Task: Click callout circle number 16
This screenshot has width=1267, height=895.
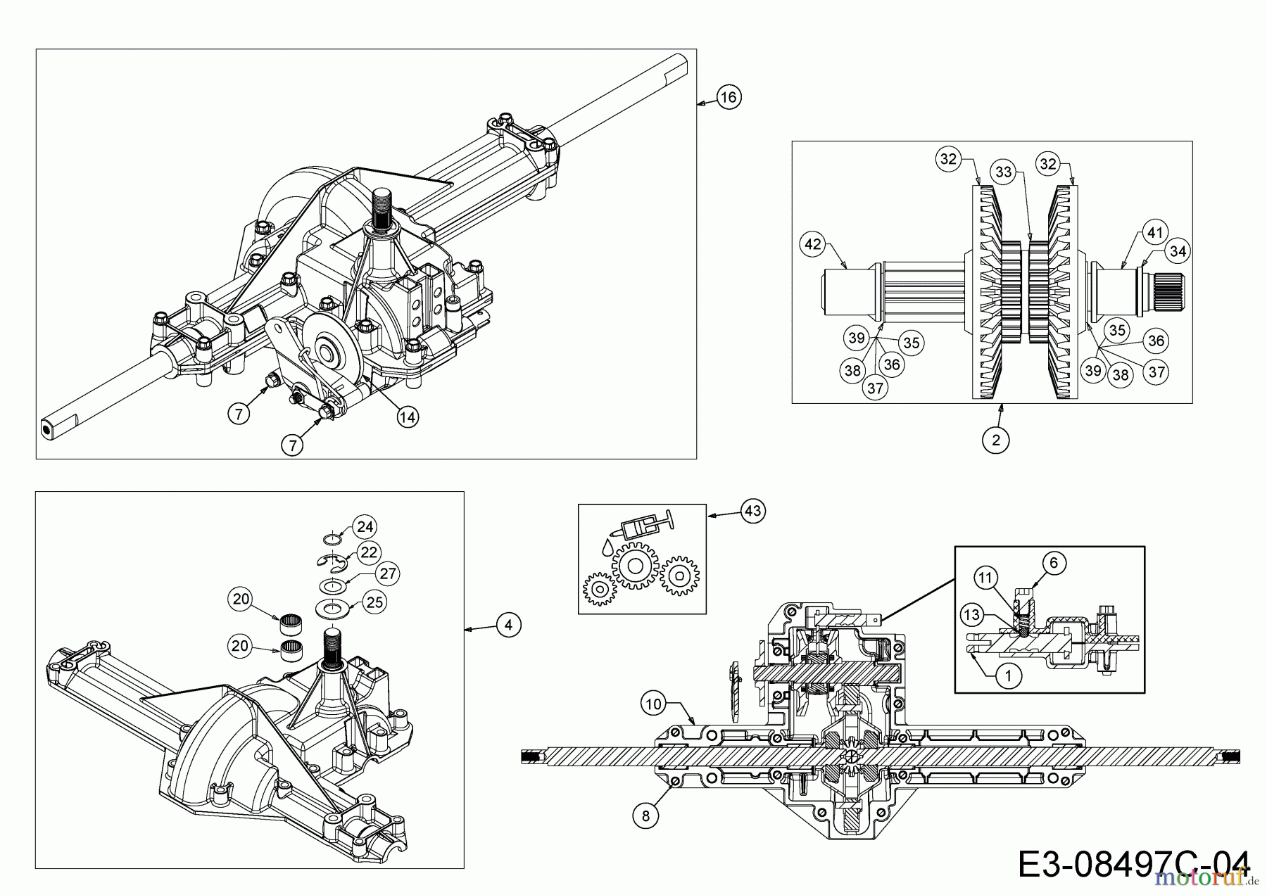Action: pyautogui.click(x=729, y=96)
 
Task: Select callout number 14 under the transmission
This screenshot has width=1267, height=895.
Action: pyautogui.click(x=407, y=417)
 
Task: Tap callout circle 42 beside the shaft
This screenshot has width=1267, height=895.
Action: pyautogui.click(x=812, y=244)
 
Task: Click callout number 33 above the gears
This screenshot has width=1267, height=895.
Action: pyautogui.click(x=1002, y=171)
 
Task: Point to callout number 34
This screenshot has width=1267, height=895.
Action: pyautogui.click(x=1178, y=250)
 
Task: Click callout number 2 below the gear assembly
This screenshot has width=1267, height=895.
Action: pyautogui.click(x=995, y=440)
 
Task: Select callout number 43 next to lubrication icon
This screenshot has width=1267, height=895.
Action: pyautogui.click(x=752, y=511)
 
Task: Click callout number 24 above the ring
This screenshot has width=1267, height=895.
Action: pyautogui.click(x=365, y=526)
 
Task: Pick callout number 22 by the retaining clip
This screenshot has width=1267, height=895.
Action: pyautogui.click(x=368, y=552)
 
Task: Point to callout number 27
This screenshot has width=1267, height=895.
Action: pyautogui.click(x=388, y=573)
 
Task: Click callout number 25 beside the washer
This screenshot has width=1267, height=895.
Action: pyautogui.click(x=374, y=602)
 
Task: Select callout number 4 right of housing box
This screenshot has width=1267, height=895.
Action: pyautogui.click(x=508, y=624)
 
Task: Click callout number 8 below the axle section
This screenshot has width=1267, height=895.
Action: pyautogui.click(x=646, y=815)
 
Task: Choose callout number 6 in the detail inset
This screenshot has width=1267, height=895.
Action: pyautogui.click(x=1053, y=562)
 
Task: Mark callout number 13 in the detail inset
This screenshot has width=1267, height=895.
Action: pyautogui.click(x=971, y=615)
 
